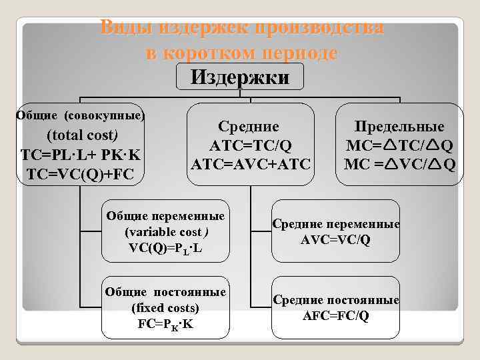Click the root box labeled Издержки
[240, 78]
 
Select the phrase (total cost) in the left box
[80, 135]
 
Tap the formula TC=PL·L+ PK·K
[79, 155]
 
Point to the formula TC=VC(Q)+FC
[79, 175]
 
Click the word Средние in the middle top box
[249, 126]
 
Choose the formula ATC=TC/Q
[251, 145]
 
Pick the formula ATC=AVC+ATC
[251, 163]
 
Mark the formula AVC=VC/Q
[336, 239]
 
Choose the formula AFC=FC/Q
[336, 315]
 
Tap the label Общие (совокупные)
[80, 115]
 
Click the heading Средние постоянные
[336, 301]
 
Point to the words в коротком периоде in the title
[241, 53]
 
